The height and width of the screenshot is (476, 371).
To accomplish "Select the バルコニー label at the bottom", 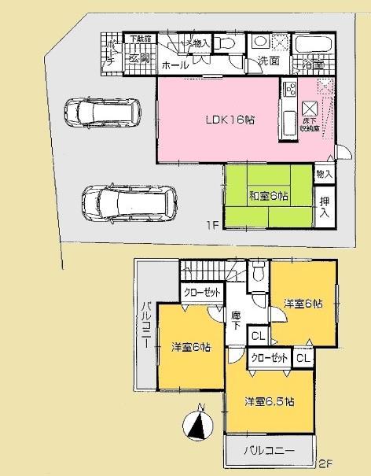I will [x=269, y=452].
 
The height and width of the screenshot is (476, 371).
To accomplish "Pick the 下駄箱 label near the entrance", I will [x=139, y=39].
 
